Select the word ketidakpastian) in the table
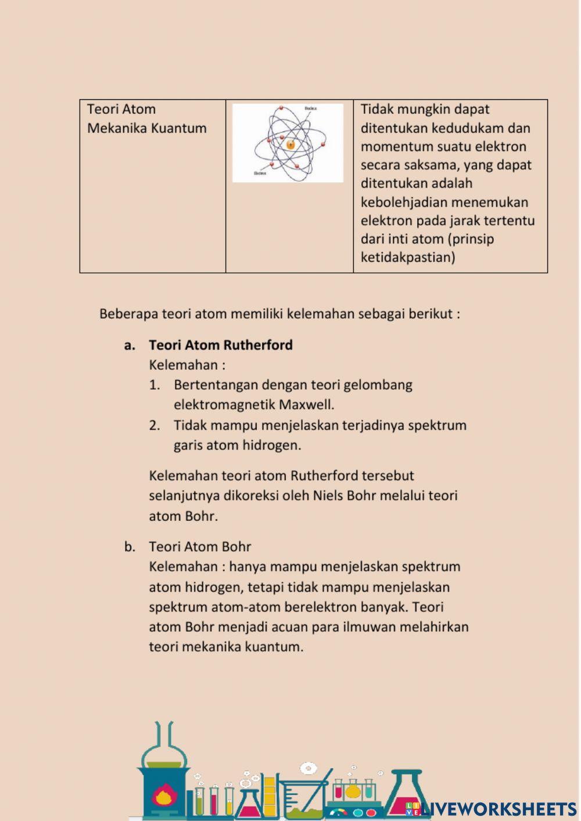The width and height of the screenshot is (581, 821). (x=408, y=257)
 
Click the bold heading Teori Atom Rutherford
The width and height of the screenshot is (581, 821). (x=220, y=345)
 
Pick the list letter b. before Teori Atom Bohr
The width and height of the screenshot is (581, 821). (x=130, y=547)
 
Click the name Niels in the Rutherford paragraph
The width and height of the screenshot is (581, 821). (x=328, y=496)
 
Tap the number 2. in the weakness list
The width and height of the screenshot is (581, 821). (x=155, y=426)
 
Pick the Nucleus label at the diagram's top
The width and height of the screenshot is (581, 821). (x=311, y=108)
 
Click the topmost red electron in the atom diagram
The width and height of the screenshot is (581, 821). (x=281, y=108)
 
